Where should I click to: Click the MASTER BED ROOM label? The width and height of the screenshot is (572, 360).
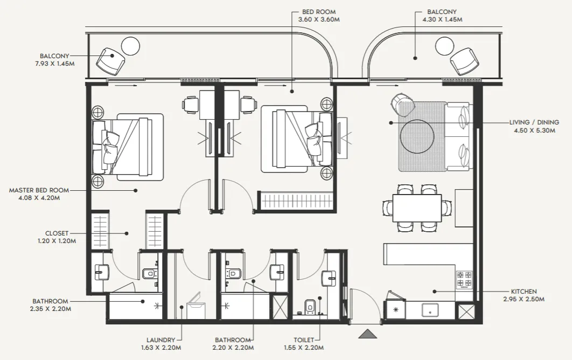coord(39,190)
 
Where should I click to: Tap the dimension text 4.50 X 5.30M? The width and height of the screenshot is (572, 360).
coord(534,130)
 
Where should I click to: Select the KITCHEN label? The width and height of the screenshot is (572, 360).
coord(524,292)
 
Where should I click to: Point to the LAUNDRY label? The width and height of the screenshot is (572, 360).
coord(161,340)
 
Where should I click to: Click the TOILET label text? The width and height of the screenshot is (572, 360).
coord(304,340)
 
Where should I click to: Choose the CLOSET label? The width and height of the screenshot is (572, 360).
coord(57,233)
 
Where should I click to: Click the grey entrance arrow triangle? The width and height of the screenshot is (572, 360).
coord(368,334)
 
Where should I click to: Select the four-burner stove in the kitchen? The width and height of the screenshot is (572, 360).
coord(464,279)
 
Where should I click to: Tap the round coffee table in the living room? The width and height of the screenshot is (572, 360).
coord(417,136)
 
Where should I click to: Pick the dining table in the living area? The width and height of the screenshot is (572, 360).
coord(417,208)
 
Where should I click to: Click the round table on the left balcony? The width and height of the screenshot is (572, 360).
coord(130,46)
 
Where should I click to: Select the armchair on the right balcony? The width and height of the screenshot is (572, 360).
coord(464,61)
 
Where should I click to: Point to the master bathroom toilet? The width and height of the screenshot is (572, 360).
coord(149,273)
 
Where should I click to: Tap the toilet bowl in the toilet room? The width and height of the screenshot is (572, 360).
coord(310,307)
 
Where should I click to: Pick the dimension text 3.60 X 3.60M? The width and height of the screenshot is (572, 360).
coord(319,20)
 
